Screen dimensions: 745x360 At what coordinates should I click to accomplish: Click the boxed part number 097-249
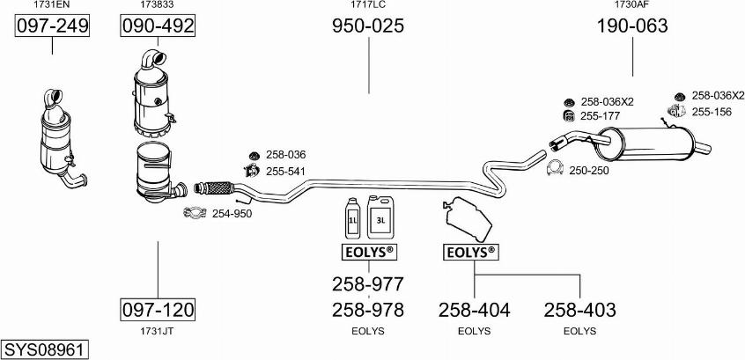(x=52, y=26)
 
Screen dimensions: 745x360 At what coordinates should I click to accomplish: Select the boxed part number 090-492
(x=158, y=26)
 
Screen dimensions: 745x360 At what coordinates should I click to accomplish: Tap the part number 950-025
(x=368, y=26)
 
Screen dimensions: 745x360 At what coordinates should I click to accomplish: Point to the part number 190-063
(x=632, y=26)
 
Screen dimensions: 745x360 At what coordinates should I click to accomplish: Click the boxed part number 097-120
(x=158, y=310)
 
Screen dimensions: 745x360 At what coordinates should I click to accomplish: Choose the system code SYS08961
(x=44, y=350)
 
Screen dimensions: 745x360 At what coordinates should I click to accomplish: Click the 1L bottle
(x=353, y=218)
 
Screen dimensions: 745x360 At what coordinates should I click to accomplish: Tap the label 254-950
(x=232, y=214)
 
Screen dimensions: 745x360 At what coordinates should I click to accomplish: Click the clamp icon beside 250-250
(x=555, y=168)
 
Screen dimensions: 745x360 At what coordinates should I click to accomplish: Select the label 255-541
(x=285, y=171)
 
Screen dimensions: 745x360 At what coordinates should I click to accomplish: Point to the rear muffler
(x=645, y=143)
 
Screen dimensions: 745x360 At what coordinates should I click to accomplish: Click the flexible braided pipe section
(x=214, y=187)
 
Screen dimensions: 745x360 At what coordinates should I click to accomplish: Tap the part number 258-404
(x=474, y=310)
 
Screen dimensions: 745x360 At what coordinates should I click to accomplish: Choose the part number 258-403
(x=579, y=310)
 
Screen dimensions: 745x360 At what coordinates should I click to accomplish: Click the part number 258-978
(x=368, y=310)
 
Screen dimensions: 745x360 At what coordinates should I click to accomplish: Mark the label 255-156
(x=712, y=113)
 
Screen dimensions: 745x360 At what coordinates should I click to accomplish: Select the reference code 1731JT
(x=158, y=331)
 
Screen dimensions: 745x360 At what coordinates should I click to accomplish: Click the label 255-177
(x=601, y=115)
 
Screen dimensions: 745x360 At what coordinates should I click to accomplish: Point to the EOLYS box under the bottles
(x=369, y=252)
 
